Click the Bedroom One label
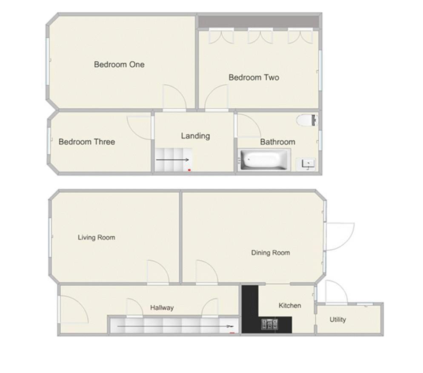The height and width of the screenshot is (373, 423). click(119, 64)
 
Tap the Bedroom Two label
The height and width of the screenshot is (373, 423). click(254, 77)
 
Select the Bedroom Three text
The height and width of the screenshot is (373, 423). click(87, 142)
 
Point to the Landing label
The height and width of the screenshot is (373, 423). click(195, 136)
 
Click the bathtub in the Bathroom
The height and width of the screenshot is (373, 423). click(263, 160)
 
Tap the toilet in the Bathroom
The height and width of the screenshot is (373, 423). click(307, 121)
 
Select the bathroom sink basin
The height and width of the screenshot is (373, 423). click(306, 164)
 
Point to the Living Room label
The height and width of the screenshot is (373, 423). click(97, 238)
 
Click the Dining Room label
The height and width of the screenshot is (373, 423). click(271, 252)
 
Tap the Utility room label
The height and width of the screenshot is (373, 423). click(338, 319)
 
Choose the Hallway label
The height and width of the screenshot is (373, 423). click(162, 308)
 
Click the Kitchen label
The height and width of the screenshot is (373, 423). click(290, 306)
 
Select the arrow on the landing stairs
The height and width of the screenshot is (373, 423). click(172, 160)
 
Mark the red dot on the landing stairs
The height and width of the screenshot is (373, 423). click(189, 170)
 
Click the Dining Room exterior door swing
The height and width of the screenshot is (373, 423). click(340, 236)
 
